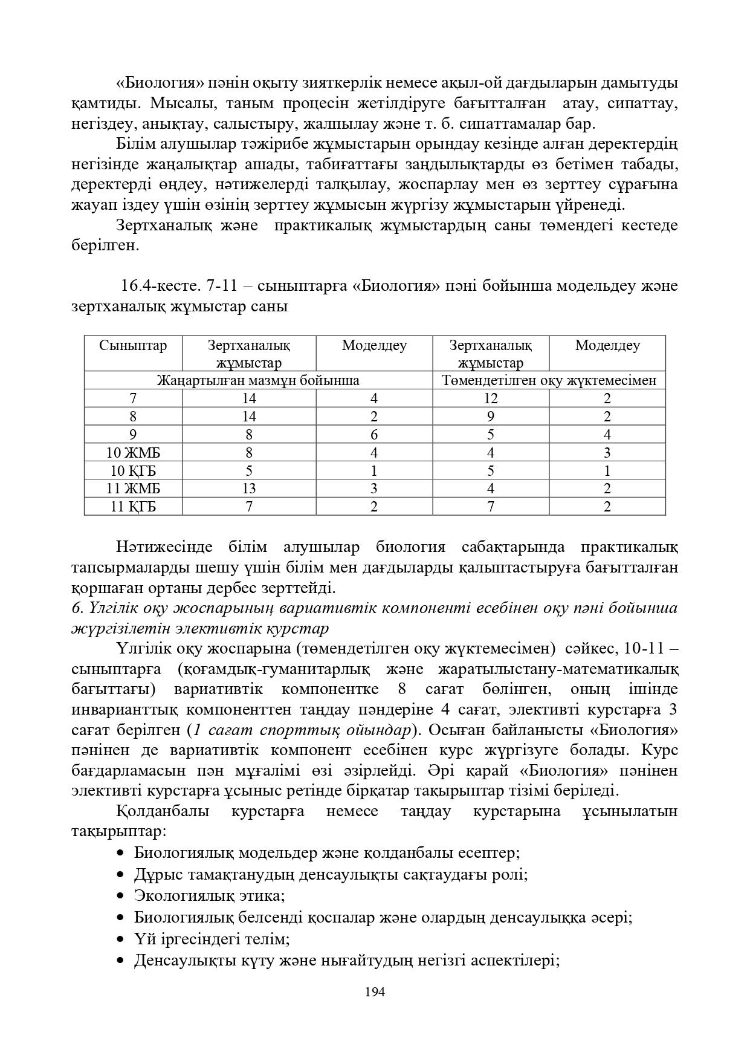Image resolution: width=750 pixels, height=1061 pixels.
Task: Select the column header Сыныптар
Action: pos(133,346)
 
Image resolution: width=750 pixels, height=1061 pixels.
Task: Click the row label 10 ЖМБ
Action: pos(133,453)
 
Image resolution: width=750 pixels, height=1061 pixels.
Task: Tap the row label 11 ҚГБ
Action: pos(133,507)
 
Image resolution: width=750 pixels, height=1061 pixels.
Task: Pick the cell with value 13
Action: pos(248,488)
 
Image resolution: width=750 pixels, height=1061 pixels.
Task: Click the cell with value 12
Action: pos(490,398)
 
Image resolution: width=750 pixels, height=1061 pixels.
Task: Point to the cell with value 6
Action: pos(374,435)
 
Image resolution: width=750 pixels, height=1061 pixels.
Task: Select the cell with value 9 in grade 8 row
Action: pos(490,417)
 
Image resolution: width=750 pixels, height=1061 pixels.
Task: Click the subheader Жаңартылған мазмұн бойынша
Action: pos(258,381)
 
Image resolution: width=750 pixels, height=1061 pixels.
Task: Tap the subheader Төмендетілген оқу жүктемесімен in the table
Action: pos(549,381)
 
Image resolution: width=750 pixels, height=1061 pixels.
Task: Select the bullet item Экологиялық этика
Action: pos(209,895)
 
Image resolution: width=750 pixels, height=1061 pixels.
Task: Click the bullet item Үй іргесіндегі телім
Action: pos(212,939)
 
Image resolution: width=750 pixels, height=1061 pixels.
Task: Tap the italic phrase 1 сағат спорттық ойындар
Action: pos(302,730)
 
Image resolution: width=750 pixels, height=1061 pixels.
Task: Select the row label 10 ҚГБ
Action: pos(133,471)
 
